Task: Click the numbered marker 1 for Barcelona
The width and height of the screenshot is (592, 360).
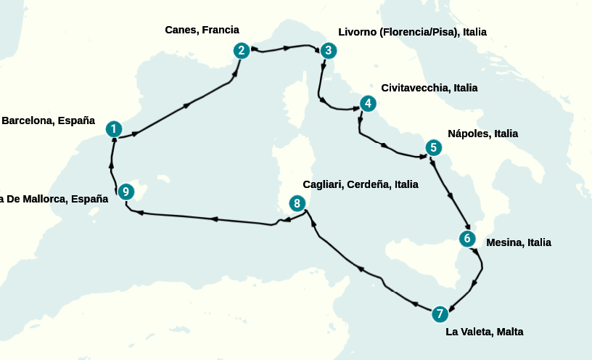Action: click(113, 129)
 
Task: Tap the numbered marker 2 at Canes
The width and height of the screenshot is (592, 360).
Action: click(242, 50)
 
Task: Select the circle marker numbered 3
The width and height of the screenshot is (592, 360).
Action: click(328, 51)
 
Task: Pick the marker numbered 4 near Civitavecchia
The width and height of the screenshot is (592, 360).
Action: click(369, 103)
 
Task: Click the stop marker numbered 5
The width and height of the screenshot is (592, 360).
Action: click(432, 148)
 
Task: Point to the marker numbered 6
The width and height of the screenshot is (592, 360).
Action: click(467, 238)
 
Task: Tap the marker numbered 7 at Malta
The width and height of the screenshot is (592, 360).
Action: click(439, 314)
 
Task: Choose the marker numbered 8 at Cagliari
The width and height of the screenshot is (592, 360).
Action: click(296, 203)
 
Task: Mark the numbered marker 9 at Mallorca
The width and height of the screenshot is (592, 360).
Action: click(126, 192)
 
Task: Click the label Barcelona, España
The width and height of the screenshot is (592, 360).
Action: click(49, 120)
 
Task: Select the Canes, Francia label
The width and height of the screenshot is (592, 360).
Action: click(202, 30)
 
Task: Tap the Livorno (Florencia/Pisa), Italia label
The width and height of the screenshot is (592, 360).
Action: click(412, 32)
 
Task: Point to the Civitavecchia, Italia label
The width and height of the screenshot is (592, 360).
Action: click(429, 88)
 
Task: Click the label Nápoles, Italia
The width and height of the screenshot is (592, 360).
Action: click(482, 134)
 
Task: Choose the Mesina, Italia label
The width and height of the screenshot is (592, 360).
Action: click(519, 242)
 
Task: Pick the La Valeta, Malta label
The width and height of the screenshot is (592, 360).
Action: click(484, 332)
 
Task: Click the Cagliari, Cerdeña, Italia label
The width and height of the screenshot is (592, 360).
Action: click(361, 184)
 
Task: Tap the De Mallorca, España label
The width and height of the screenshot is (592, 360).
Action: click(54, 199)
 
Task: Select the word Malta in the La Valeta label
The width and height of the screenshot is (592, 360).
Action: click(508, 332)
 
